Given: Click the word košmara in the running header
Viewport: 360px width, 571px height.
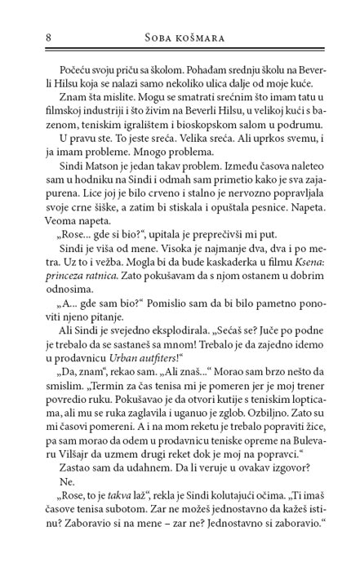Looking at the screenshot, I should (x=205, y=37).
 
